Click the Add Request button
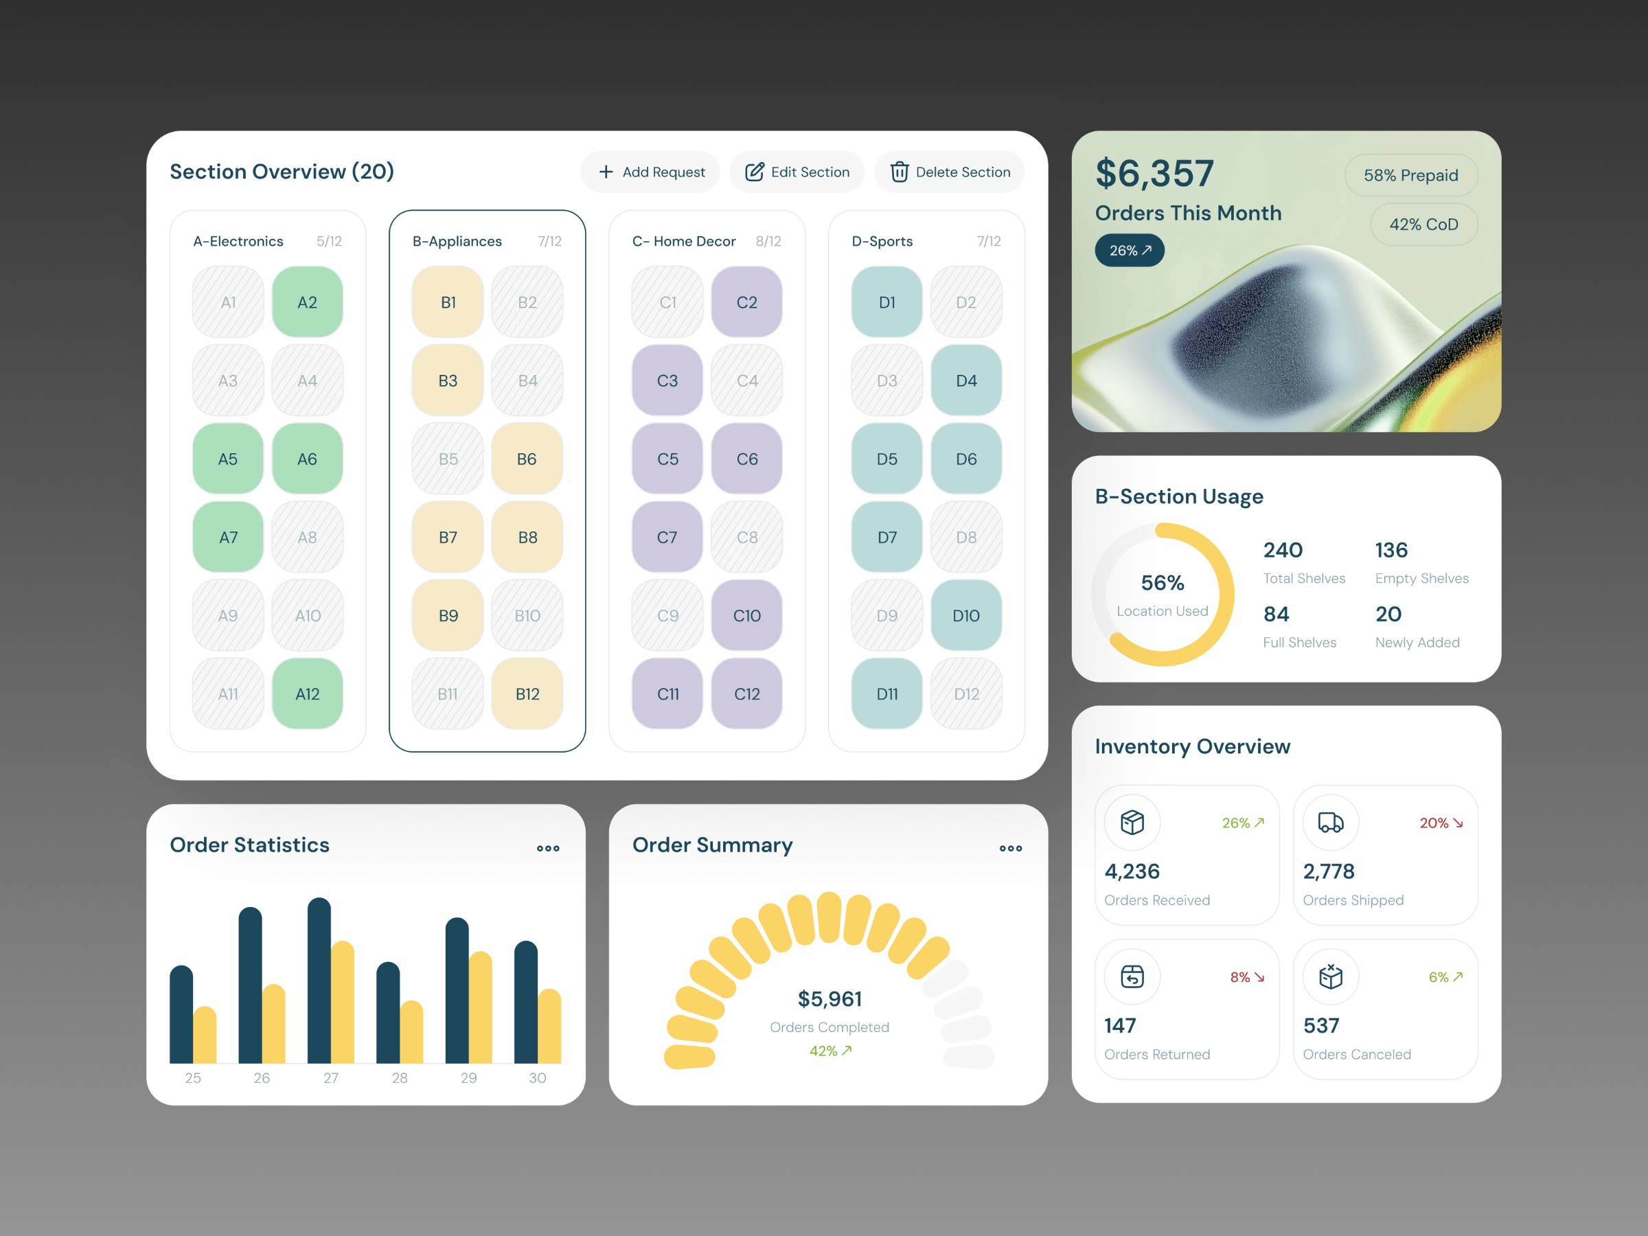(x=650, y=172)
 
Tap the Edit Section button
(x=797, y=172)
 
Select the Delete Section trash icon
(x=900, y=172)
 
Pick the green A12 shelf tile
(x=307, y=694)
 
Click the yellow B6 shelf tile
(x=527, y=459)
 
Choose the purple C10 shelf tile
(x=746, y=615)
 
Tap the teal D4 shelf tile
(x=966, y=380)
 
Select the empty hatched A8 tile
(x=307, y=537)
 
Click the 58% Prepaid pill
(x=1410, y=175)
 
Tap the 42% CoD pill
(x=1423, y=225)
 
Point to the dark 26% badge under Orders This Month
(x=1130, y=251)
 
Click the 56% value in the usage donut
(x=1163, y=582)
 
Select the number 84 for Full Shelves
(x=1277, y=614)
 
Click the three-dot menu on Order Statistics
(x=549, y=848)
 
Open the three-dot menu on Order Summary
(x=1010, y=848)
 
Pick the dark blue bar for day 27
(x=319, y=983)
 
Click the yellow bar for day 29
(x=481, y=1009)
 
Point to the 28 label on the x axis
(x=400, y=1078)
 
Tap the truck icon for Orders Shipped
(x=1331, y=823)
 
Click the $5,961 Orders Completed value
(x=829, y=998)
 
